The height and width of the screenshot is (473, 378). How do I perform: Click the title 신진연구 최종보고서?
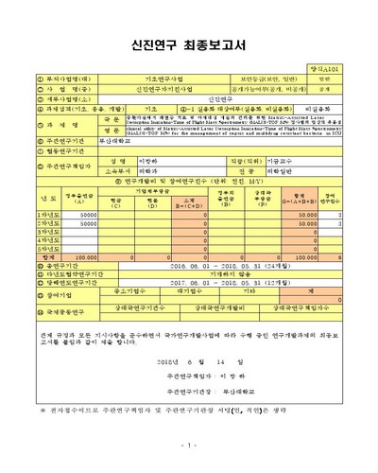[x=189, y=43]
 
